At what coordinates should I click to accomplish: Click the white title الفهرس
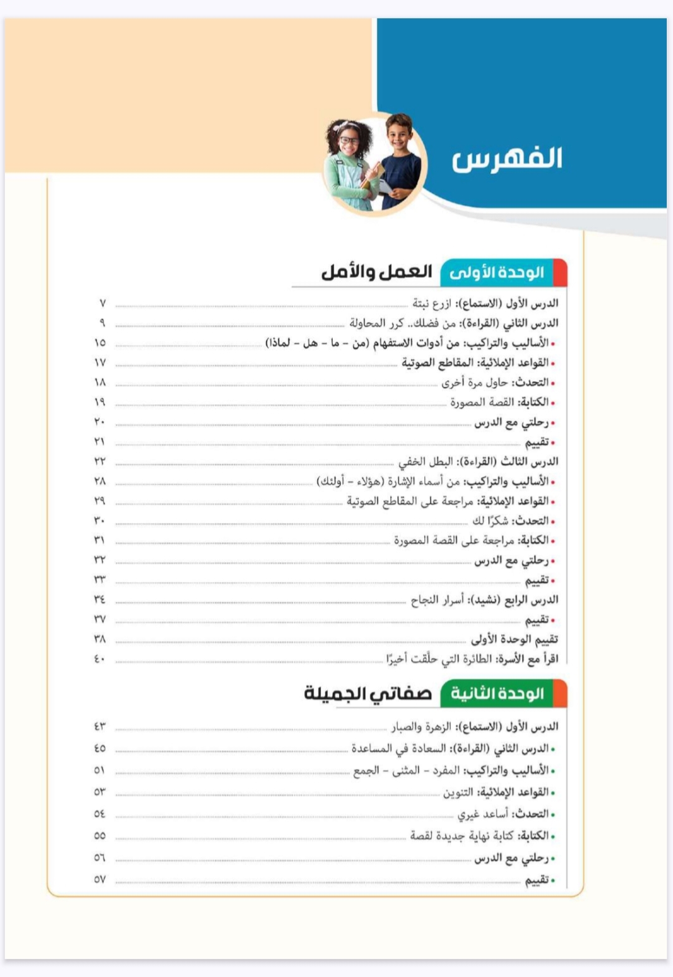click(507, 159)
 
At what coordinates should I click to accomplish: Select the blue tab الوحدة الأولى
click(497, 273)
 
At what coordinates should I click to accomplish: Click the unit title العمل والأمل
click(376, 272)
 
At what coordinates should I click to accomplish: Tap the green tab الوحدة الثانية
click(497, 693)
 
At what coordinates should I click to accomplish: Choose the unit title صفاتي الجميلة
click(368, 693)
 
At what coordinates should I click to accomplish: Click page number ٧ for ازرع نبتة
click(103, 303)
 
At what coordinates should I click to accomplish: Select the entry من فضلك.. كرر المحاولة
click(403, 323)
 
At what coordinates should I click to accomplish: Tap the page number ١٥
click(100, 343)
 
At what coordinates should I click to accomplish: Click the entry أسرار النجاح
click(437, 600)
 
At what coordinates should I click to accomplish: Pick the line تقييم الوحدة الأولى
click(514, 639)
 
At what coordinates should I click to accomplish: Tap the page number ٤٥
click(100, 748)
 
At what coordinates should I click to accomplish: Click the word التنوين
click(458, 793)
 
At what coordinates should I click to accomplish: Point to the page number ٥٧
click(100, 879)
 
